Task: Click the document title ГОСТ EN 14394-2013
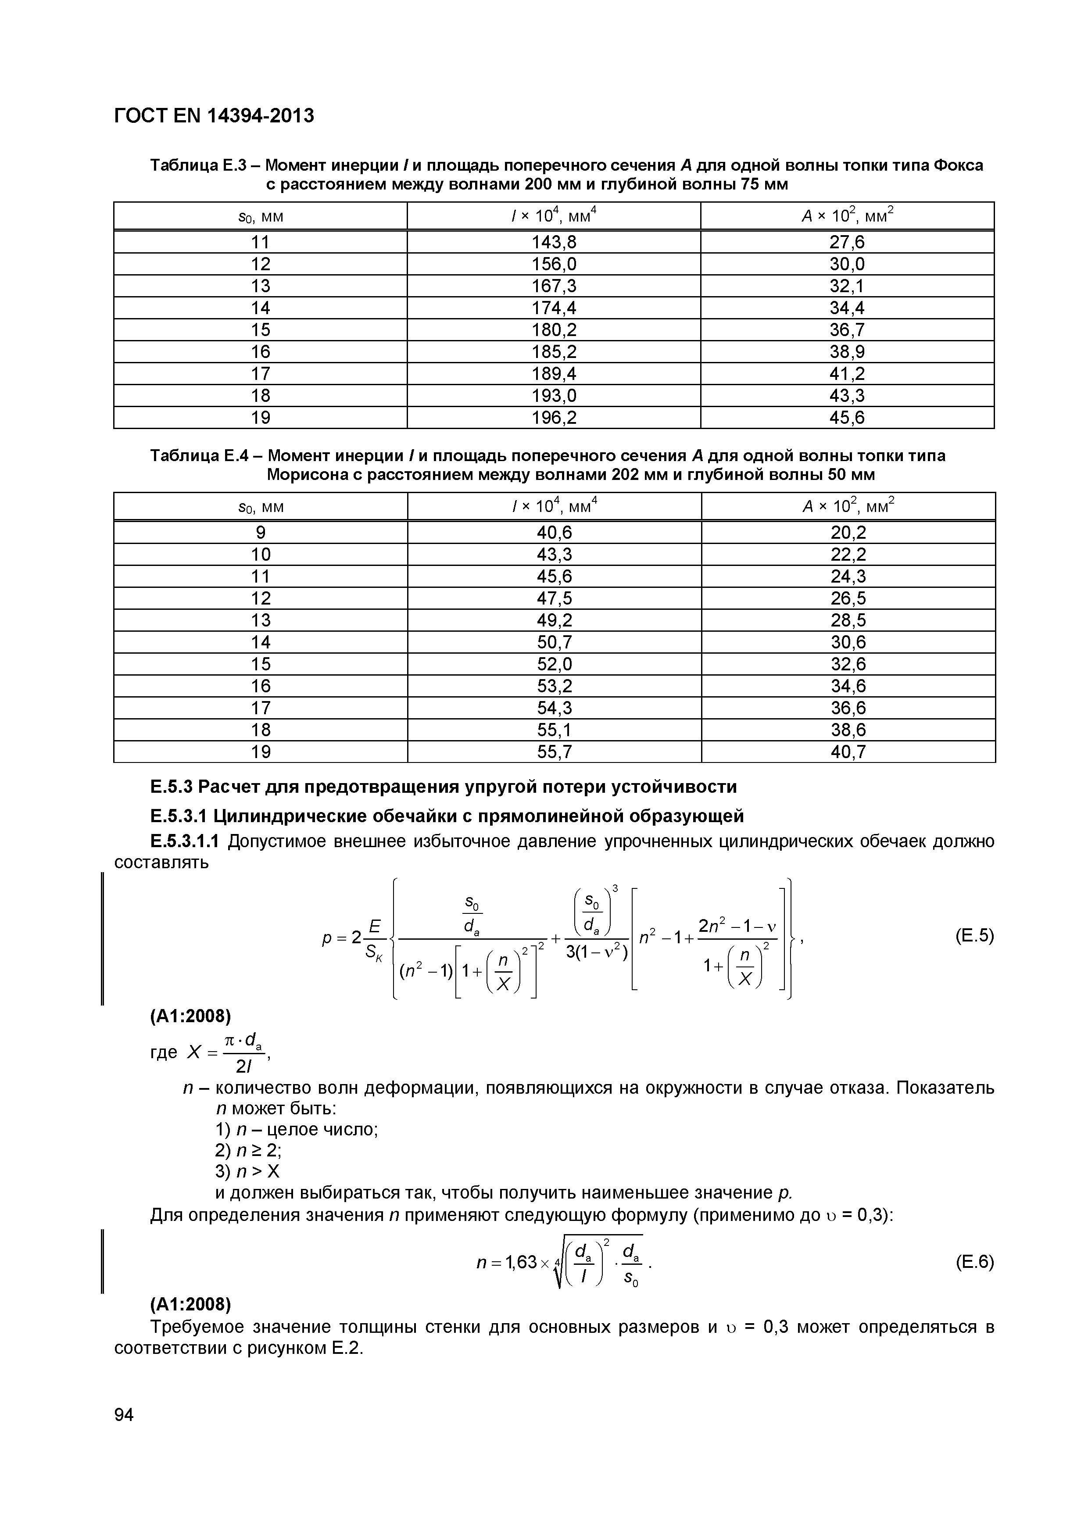pyautogui.click(x=214, y=116)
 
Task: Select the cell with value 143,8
pyautogui.click(x=554, y=242)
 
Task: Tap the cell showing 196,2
pyautogui.click(x=554, y=418)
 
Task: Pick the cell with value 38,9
pyautogui.click(x=847, y=352)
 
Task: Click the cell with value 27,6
pyautogui.click(x=847, y=242)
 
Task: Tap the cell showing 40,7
pyautogui.click(x=848, y=752)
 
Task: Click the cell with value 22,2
pyautogui.click(x=848, y=555)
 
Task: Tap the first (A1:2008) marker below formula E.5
pyautogui.click(x=190, y=1017)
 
